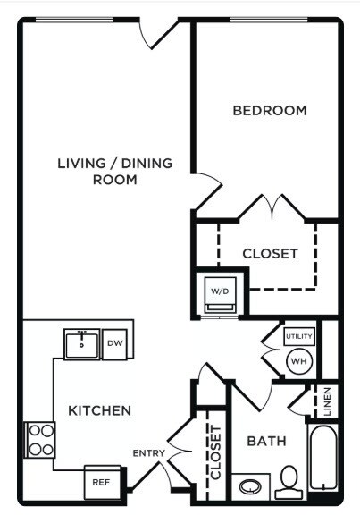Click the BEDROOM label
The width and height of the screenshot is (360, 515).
coord(269,111)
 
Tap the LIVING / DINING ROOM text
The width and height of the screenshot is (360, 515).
coord(114,172)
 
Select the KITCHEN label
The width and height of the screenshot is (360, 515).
coord(100,410)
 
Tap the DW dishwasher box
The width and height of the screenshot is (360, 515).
coord(114,343)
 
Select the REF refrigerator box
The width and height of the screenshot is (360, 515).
coord(100,482)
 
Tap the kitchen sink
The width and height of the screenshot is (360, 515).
coord(81,343)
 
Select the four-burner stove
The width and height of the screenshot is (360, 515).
coord(41,440)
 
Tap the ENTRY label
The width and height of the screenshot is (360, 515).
coord(148,454)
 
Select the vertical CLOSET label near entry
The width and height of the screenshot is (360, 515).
coord(214,456)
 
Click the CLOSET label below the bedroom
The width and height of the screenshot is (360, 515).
coord(270,254)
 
